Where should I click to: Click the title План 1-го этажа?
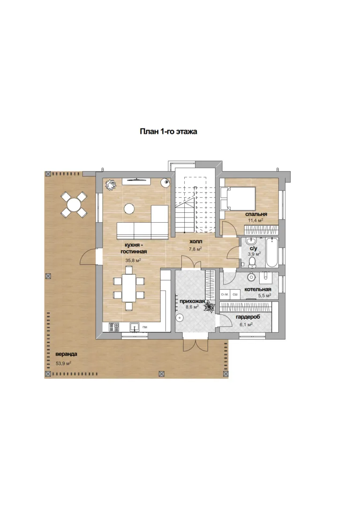coord(168,132)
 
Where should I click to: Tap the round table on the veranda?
coord(74,205)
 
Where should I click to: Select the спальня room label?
coord(256,214)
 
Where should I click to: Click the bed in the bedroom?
coord(238,198)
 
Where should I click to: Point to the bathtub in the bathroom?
coord(272,252)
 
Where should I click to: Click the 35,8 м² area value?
coord(133,260)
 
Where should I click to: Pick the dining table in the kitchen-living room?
coord(129,288)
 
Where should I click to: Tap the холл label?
coord(196,241)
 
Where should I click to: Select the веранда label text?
coord(66,354)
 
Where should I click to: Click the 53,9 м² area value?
coord(64,364)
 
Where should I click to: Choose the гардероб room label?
coord(248,317)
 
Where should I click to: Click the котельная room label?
coord(258,289)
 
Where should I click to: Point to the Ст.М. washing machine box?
coord(225,294)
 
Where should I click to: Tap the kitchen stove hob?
coord(114,327)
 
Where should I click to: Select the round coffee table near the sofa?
coord(129,209)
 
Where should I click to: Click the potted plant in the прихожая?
coord(210,307)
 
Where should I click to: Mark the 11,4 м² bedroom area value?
coord(255,220)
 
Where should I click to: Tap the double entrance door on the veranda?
coord(195,345)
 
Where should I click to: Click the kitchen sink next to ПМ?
coord(135,327)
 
